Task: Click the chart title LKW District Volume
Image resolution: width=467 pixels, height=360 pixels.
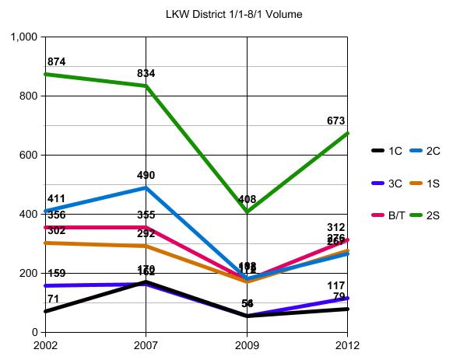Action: tap(233, 14)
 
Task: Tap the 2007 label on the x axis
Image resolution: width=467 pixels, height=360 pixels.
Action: tap(147, 343)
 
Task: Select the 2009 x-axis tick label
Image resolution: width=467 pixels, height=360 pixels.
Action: tap(248, 343)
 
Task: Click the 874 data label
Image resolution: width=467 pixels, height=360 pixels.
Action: tap(56, 61)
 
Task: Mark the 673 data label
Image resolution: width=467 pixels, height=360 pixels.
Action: tap(335, 121)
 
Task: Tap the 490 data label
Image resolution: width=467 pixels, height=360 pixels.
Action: tap(146, 175)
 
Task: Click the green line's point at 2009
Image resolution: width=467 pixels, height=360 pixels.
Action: tap(248, 211)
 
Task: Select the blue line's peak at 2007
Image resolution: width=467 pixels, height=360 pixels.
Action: tap(147, 187)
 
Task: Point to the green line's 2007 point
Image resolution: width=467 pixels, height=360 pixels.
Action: tap(147, 86)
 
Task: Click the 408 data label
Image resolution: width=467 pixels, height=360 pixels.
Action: tap(247, 199)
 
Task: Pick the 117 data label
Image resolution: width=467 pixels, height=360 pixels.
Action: tap(335, 285)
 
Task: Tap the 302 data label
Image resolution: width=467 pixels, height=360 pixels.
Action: tap(56, 230)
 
